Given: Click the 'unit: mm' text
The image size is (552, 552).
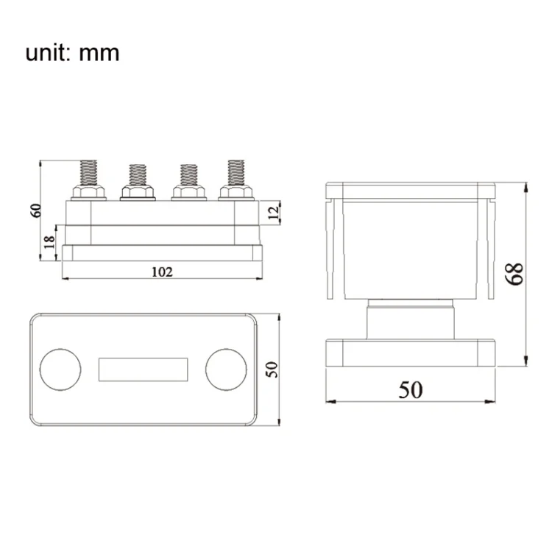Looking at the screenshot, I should [x=72, y=53].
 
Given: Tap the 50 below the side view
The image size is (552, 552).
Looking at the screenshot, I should [x=411, y=389].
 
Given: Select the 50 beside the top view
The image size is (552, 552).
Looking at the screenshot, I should [x=273, y=369].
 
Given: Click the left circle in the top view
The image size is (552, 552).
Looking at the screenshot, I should [x=60, y=369].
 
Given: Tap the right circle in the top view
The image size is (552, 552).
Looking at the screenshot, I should [x=224, y=369].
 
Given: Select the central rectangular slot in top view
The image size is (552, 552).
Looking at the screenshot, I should [x=143, y=369].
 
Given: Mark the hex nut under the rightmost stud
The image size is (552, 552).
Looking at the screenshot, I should [x=236, y=193].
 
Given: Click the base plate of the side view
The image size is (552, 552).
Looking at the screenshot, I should [x=411, y=353].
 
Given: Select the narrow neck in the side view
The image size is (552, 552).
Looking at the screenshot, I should [x=411, y=319].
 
